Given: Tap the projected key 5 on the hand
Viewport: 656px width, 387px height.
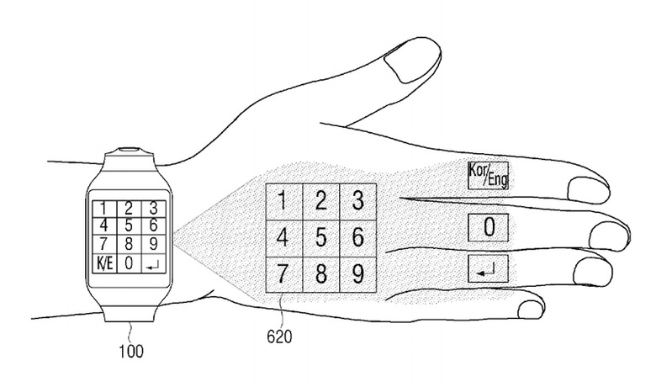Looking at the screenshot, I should tap(320, 237).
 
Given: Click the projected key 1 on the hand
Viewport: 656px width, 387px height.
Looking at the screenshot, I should tap(283, 201).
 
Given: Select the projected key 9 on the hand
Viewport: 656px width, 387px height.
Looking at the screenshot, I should tap(357, 274).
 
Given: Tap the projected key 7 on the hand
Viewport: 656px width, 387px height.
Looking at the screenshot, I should tap(283, 274).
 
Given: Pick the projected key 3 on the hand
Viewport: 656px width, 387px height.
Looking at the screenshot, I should tap(357, 201).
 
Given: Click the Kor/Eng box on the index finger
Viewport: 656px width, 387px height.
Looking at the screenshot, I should tap(489, 175).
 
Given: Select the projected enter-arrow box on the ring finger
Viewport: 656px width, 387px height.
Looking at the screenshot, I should tap(489, 269).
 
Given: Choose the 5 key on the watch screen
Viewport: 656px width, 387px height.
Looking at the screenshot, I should tap(128, 225).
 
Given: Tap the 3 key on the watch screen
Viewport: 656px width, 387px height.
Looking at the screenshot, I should tap(152, 206).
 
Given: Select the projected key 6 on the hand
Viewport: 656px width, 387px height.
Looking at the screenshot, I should tap(357, 237).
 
